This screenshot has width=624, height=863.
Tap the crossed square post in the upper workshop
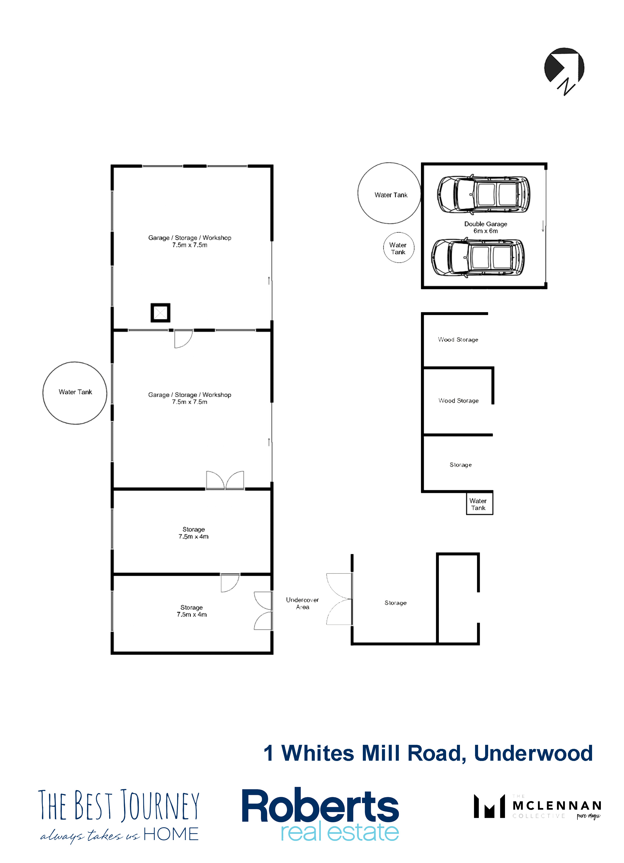(160, 313)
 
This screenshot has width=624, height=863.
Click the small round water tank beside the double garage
(399, 247)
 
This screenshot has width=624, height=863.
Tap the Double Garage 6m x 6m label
(486, 227)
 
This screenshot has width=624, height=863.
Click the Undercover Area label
(302, 603)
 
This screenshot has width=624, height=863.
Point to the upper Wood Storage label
(458, 339)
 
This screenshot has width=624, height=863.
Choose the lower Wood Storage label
(458, 400)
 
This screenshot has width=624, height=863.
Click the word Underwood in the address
(533, 753)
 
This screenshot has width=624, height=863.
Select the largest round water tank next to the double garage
(389, 193)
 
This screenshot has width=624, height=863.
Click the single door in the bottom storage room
(230, 583)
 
